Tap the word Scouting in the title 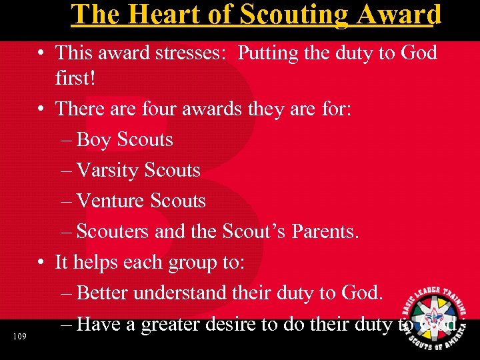coord(275,15)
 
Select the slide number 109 coord(19,337)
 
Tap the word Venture coord(112,201)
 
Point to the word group coord(185,263)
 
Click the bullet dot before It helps coord(42,263)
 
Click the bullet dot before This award coord(42,53)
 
